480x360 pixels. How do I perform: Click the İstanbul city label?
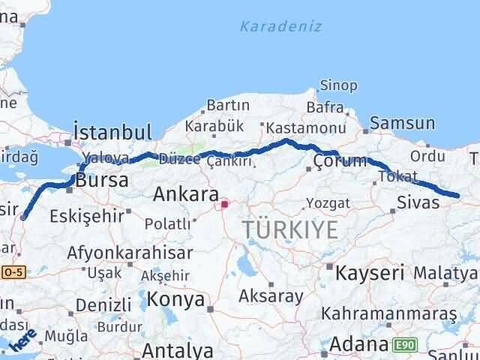coord(112,132)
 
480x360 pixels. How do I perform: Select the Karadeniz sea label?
coord(280,26)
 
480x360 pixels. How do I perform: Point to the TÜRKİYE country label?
coord(289,229)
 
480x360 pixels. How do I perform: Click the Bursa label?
coord(103,181)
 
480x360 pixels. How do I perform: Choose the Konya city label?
coord(177,299)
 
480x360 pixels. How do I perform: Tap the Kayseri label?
coord(370,271)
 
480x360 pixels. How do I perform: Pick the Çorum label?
coord(340,160)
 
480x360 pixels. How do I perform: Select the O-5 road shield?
coord(13,271)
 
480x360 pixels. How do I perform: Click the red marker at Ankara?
coord(223,202)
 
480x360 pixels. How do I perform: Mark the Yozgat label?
coord(328,202)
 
